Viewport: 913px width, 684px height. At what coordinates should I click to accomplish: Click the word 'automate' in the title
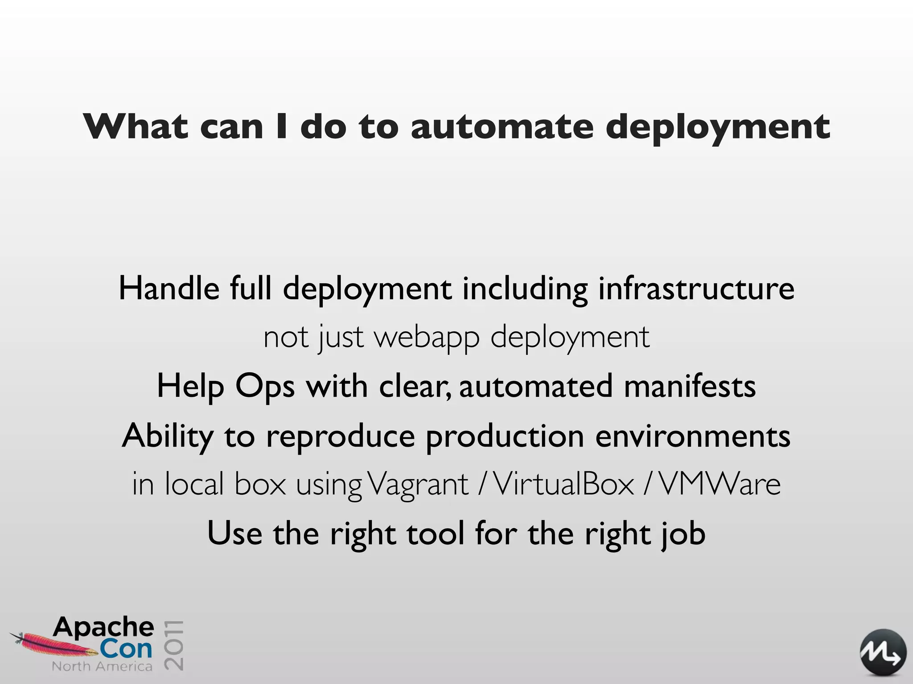point(502,127)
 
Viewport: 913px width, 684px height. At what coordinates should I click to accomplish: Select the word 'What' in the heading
point(136,127)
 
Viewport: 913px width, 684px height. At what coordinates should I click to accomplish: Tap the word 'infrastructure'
point(696,289)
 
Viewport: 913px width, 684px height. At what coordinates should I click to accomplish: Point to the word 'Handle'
point(169,289)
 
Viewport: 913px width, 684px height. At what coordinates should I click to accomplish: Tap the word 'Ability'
point(168,436)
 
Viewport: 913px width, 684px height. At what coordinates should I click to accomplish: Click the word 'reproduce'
point(340,436)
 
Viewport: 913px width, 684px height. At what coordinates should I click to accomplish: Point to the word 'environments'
point(693,436)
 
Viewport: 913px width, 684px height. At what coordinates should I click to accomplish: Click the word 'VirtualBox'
point(564,484)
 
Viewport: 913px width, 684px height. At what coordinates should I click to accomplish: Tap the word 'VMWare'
point(719,484)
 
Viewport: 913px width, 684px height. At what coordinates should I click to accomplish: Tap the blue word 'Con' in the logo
point(126,649)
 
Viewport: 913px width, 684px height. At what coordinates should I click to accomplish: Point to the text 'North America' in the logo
point(102,667)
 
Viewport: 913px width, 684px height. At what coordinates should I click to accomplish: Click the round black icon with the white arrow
point(883,652)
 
